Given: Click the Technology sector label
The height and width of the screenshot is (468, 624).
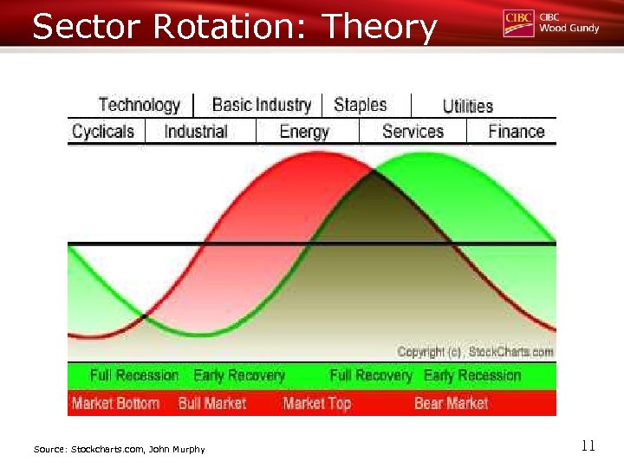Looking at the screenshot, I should pos(139,106).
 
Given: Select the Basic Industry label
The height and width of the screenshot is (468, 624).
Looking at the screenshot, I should pos(261,106).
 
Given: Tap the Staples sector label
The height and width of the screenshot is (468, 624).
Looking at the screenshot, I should pos(360,106).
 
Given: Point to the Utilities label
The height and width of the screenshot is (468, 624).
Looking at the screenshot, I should pos(467,107).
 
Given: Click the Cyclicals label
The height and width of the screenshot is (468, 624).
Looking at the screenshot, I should pos(103,132).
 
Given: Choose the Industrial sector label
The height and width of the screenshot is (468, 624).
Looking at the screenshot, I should pos(196,132).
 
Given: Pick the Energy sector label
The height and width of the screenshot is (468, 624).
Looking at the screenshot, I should pos(304,132).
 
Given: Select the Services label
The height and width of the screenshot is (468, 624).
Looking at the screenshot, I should pos(413,132).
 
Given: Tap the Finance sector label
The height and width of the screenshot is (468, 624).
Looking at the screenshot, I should pos(516,132).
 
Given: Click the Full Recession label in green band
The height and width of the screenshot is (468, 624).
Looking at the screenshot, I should pos(133,375).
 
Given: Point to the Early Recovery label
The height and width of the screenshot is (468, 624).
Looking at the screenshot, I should pos(239,375).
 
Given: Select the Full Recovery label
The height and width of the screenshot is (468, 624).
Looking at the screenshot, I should pos(371,375).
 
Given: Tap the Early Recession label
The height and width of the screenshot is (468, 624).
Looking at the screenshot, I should pos(472,375).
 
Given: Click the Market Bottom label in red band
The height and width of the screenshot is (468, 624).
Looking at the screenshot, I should pos(115,403).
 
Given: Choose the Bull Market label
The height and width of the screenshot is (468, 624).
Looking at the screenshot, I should pos(212,403).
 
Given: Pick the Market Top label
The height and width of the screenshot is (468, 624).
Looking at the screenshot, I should pos(316,403).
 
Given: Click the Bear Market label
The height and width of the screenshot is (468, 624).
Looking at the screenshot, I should pos(451,403).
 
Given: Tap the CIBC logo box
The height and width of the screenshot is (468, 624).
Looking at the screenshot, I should pos(518,23).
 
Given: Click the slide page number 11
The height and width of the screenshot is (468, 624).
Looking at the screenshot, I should pos(588,446).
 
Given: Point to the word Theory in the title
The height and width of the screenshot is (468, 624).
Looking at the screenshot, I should pos(379,28).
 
